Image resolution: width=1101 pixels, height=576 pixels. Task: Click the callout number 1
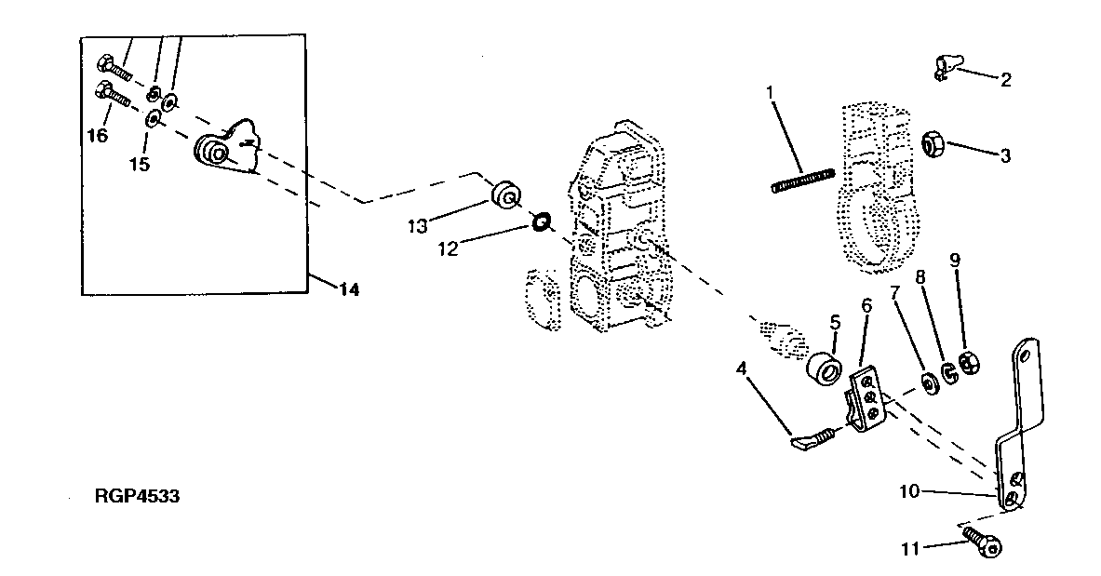click(770, 92)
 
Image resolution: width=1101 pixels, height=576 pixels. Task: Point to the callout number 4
click(742, 368)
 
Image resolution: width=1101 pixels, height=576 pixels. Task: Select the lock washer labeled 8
click(948, 372)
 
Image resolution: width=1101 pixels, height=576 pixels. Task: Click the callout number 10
click(910, 490)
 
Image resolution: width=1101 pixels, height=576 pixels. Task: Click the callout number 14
click(348, 289)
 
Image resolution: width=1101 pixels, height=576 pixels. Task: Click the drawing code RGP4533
click(137, 498)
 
